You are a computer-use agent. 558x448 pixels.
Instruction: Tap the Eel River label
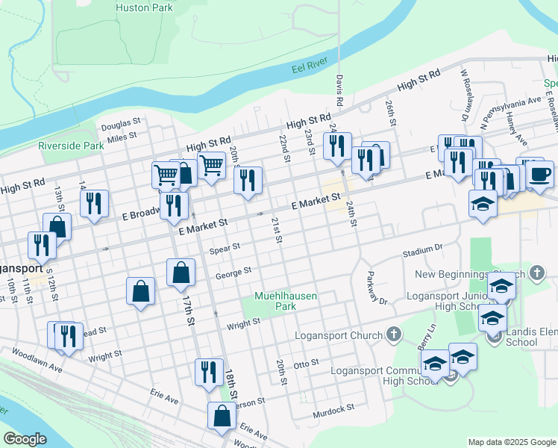309,68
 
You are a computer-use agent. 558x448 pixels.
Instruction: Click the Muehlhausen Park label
286,301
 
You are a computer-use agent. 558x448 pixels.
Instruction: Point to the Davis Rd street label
339,90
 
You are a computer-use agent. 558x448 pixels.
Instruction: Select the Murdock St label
333,410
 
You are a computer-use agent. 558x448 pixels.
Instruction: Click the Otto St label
306,364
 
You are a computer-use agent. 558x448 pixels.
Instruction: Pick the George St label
233,274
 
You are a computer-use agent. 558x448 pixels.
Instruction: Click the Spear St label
225,247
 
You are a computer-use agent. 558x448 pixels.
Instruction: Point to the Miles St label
122,136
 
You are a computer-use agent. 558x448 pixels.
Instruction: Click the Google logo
25,439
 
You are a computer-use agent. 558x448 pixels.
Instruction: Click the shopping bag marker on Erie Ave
222,417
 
